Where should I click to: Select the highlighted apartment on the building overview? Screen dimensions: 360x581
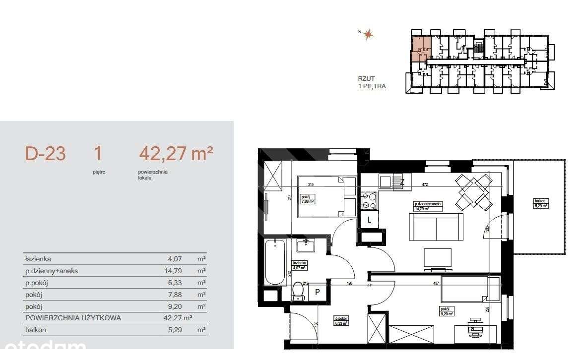coord(421,48)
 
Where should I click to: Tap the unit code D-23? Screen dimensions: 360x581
coord(45,154)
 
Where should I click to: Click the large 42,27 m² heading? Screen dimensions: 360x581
coord(176,154)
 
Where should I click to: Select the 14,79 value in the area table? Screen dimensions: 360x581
coord(174,271)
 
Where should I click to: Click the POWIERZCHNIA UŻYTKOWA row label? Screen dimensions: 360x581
coord(72,318)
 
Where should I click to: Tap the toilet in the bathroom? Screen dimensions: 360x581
coord(298,291)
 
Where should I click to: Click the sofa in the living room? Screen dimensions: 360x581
coord(435,227)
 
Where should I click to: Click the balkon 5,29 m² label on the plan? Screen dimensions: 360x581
coord(540,203)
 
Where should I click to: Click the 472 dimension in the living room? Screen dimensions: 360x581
coord(425,184)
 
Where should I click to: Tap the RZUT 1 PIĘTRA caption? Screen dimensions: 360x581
coord(372,82)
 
